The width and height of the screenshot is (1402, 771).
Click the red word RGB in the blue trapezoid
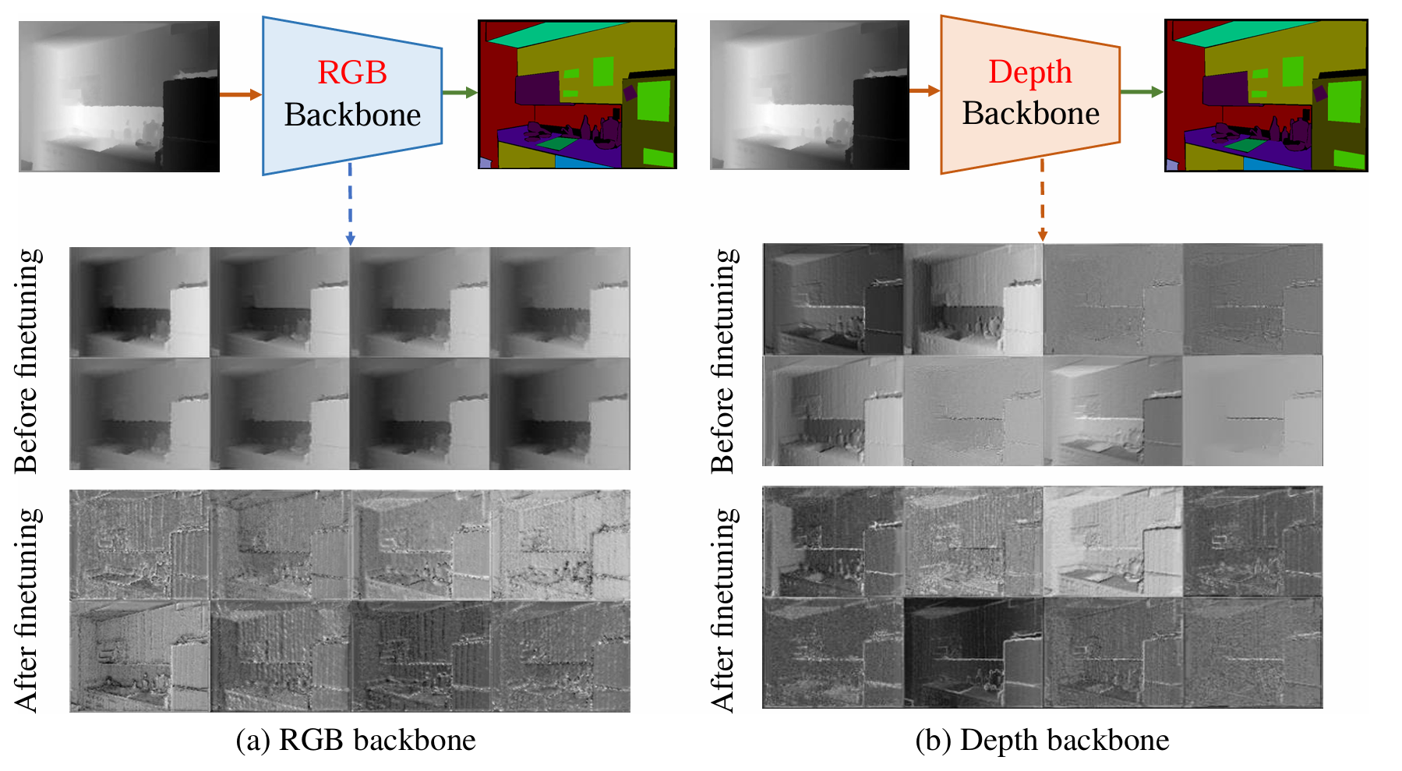[352, 73]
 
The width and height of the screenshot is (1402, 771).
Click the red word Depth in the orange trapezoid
[1030, 72]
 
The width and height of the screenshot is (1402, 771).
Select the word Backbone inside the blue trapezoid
[352, 115]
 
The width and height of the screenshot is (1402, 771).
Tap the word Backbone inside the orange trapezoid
[1030, 114]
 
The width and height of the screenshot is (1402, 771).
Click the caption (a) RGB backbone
[355, 740]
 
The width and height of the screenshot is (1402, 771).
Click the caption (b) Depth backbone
[1042, 740]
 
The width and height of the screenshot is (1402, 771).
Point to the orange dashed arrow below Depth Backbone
[1042, 200]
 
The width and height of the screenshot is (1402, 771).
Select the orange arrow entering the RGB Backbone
[240, 94]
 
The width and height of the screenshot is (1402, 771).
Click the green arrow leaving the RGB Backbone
[460, 93]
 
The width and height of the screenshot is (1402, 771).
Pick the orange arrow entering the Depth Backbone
[924, 91]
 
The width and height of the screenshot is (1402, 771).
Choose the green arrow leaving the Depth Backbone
[1141, 92]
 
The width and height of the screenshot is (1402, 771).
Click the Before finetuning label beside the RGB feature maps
[26, 360]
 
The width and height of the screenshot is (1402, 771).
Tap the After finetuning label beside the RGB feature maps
[26, 610]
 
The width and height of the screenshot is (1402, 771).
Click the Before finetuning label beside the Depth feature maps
[722, 360]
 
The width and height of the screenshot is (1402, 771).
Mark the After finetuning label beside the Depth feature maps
[722, 610]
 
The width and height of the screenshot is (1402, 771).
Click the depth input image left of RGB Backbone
[118, 96]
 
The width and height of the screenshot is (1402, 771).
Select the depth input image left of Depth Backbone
[809, 94]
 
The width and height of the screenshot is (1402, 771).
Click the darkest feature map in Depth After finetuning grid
[973, 652]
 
